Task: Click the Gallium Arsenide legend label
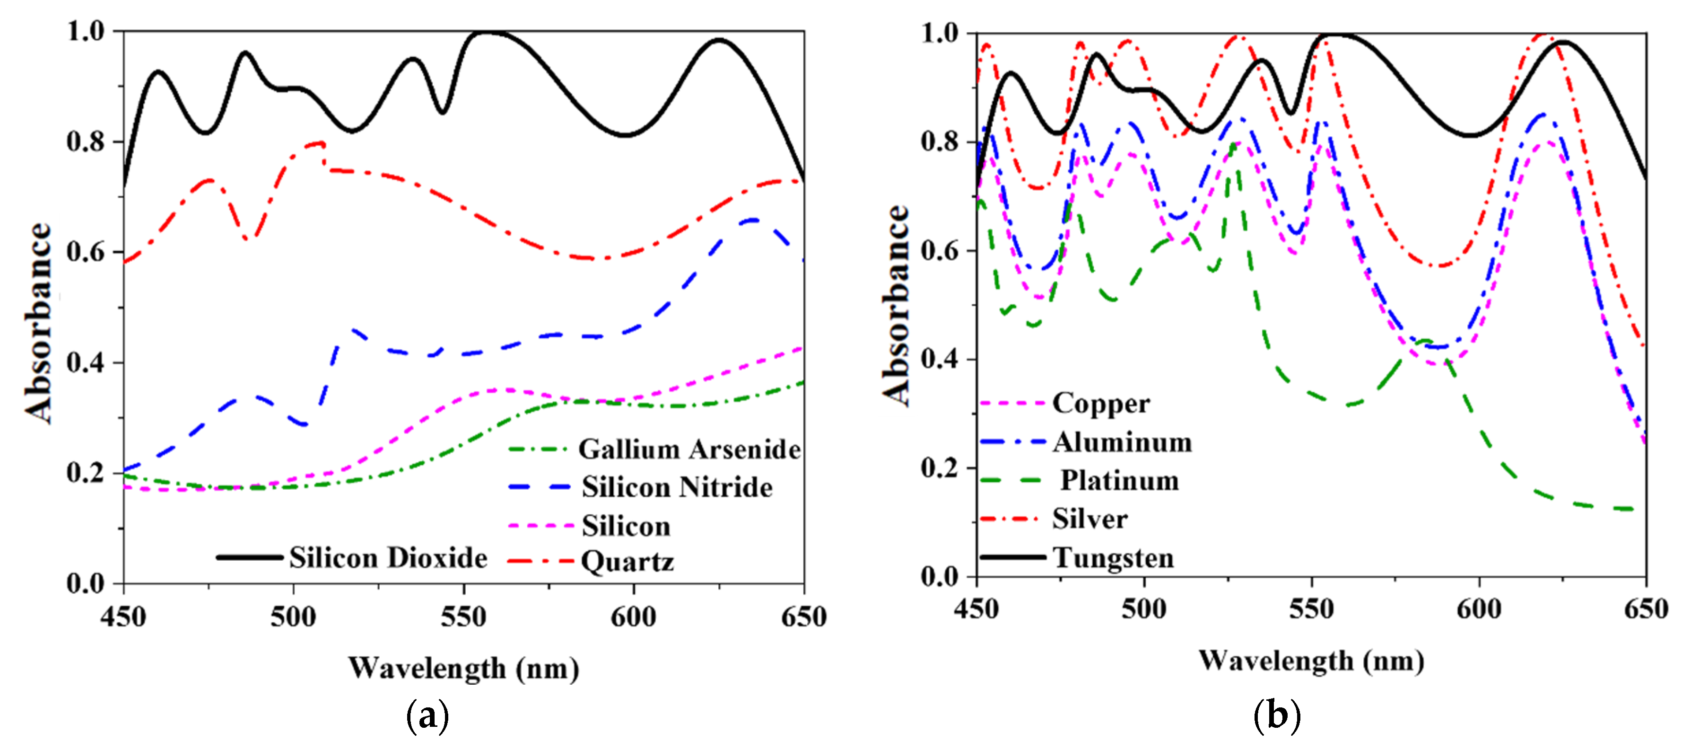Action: (x=689, y=450)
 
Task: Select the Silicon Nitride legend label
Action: (x=677, y=487)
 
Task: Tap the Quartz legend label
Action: (x=627, y=562)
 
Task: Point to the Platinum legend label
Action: (x=1119, y=481)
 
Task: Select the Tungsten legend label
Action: (x=1113, y=558)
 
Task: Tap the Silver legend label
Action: (x=1090, y=520)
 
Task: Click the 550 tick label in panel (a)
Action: (x=463, y=617)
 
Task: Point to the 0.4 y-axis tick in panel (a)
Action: (x=86, y=362)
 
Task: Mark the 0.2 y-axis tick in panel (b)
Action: (x=939, y=468)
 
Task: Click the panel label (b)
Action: (x=1277, y=715)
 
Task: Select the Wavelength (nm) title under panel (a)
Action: (x=463, y=668)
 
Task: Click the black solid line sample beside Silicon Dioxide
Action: (x=249, y=558)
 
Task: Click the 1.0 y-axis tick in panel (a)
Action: (x=86, y=31)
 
